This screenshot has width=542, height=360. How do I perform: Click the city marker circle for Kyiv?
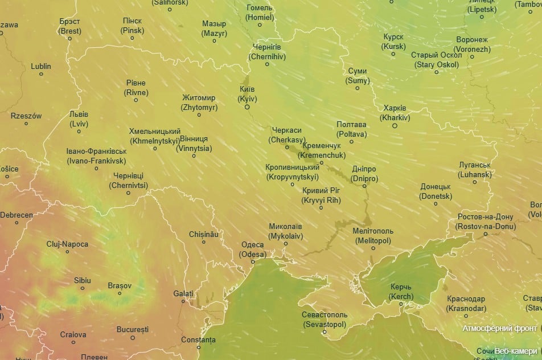(248, 107)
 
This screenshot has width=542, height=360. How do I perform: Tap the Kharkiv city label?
(395, 113)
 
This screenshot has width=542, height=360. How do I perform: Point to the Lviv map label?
(79, 118)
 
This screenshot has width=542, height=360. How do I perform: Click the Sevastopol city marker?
(325, 332)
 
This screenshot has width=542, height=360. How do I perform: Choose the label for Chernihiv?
(267, 52)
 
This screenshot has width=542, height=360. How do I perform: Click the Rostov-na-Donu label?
(485, 222)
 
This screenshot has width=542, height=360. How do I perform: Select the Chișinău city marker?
(204, 242)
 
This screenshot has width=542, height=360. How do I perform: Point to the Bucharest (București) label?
(132, 329)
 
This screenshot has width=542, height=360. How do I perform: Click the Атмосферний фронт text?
(499, 329)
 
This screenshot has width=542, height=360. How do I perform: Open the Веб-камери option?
(515, 351)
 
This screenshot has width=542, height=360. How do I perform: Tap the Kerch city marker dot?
(401, 304)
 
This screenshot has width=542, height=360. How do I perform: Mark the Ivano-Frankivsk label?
(96, 156)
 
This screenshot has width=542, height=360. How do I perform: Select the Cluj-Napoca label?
(67, 244)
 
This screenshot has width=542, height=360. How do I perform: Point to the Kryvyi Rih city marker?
(321, 207)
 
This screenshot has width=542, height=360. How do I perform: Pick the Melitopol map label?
(372, 236)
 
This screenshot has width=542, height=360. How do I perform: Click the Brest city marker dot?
(70, 39)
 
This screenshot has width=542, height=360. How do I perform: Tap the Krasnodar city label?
(466, 304)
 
